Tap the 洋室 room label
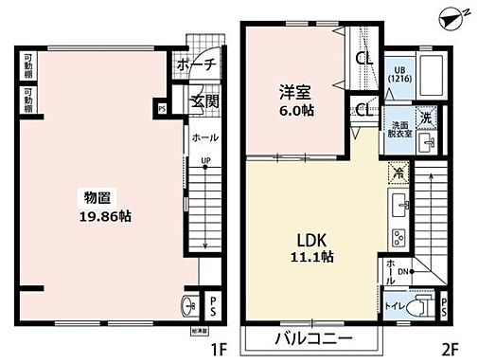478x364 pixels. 291,92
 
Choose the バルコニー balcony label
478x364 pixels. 314,338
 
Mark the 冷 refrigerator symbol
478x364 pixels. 398,173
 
